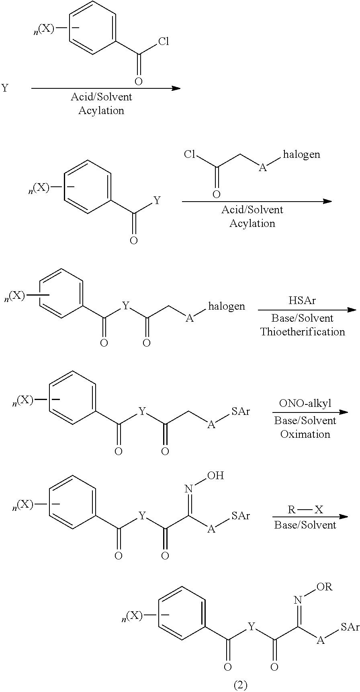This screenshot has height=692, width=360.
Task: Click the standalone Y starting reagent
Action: tap(4, 88)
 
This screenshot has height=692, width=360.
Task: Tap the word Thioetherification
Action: tap(303, 332)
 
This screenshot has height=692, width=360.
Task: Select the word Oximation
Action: tap(305, 434)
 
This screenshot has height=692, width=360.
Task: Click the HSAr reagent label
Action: tap(302, 300)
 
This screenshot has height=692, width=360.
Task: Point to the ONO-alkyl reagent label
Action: tap(305, 403)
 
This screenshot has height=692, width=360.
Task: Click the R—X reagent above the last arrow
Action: tap(305, 510)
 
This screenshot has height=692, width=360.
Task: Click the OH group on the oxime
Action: tap(215, 476)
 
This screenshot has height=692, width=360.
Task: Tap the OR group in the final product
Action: tap(324, 587)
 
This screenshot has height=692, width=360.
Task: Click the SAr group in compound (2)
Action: tap(349, 627)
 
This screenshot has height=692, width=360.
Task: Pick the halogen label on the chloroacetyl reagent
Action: tap(301, 155)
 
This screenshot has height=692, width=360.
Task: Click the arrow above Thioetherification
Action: tap(307, 310)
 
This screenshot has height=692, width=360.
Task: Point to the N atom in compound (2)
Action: tap(298, 600)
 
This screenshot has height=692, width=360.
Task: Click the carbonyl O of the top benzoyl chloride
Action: tap(138, 82)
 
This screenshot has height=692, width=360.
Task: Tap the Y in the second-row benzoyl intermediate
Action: tap(157, 200)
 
